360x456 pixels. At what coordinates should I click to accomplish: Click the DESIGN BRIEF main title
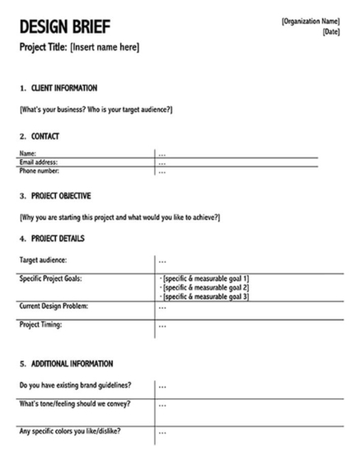pos(63,27)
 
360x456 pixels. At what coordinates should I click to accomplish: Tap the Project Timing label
pos(42,325)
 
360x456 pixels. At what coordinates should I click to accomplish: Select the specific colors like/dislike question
pos(71,432)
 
